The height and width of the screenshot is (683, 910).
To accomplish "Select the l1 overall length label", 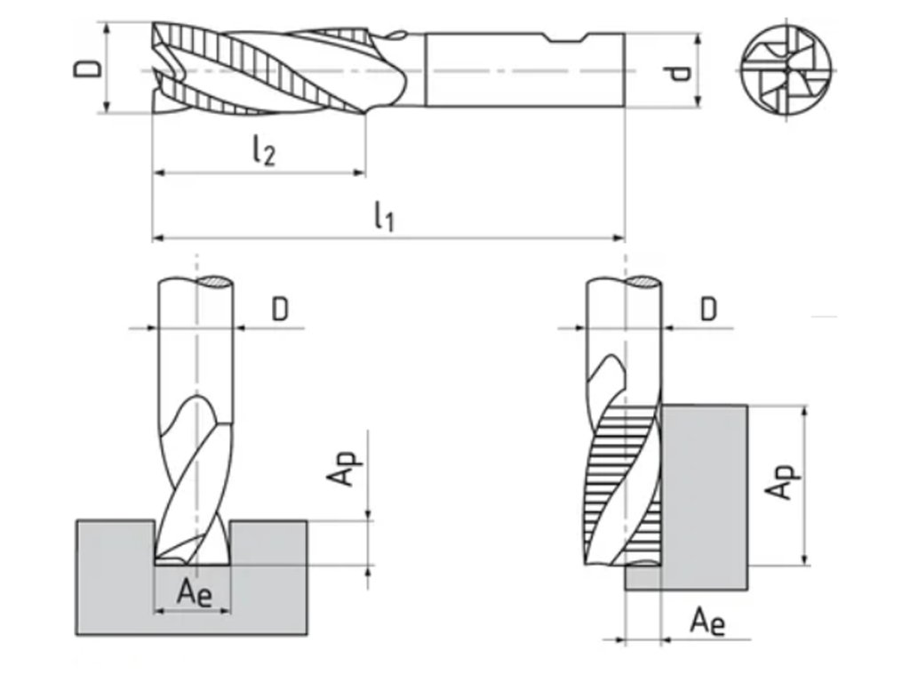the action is tap(384, 216).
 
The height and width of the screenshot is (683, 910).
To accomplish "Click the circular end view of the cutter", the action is tap(787, 70).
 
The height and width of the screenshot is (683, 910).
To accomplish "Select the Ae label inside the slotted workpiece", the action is tap(193, 592).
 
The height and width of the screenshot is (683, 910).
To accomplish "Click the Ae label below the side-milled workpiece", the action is tap(708, 621).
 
